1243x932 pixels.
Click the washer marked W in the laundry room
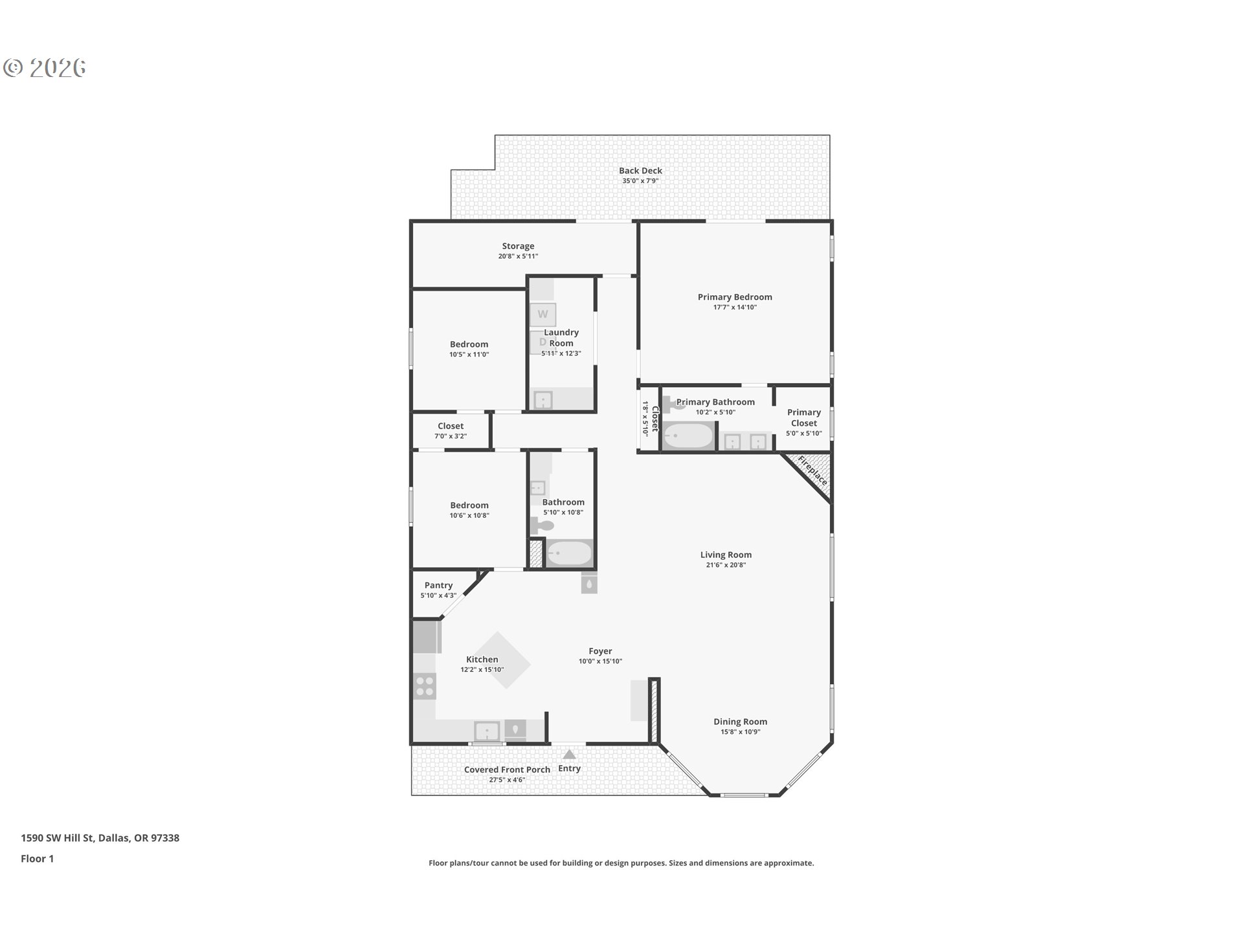click(543, 315)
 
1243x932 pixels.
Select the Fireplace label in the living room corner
click(812, 471)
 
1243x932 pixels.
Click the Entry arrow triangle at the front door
click(569, 754)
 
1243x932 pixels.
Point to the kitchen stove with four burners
click(425, 686)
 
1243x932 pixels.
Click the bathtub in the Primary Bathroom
click(688, 436)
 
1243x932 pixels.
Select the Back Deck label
click(640, 171)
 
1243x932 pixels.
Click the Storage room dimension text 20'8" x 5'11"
click(518, 256)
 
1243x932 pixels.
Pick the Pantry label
click(438, 585)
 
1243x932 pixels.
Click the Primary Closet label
click(804, 417)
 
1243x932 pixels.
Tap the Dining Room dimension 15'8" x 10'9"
click(740, 732)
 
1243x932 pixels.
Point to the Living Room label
click(726, 555)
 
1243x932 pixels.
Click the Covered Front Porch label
click(507, 770)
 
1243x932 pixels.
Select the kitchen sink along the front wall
click(487, 731)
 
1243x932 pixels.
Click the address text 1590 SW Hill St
click(58, 838)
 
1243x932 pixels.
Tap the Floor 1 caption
click(37, 858)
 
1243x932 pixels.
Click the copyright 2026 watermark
click(45, 68)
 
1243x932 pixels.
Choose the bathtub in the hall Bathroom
click(569, 553)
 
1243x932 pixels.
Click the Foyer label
click(600, 651)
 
